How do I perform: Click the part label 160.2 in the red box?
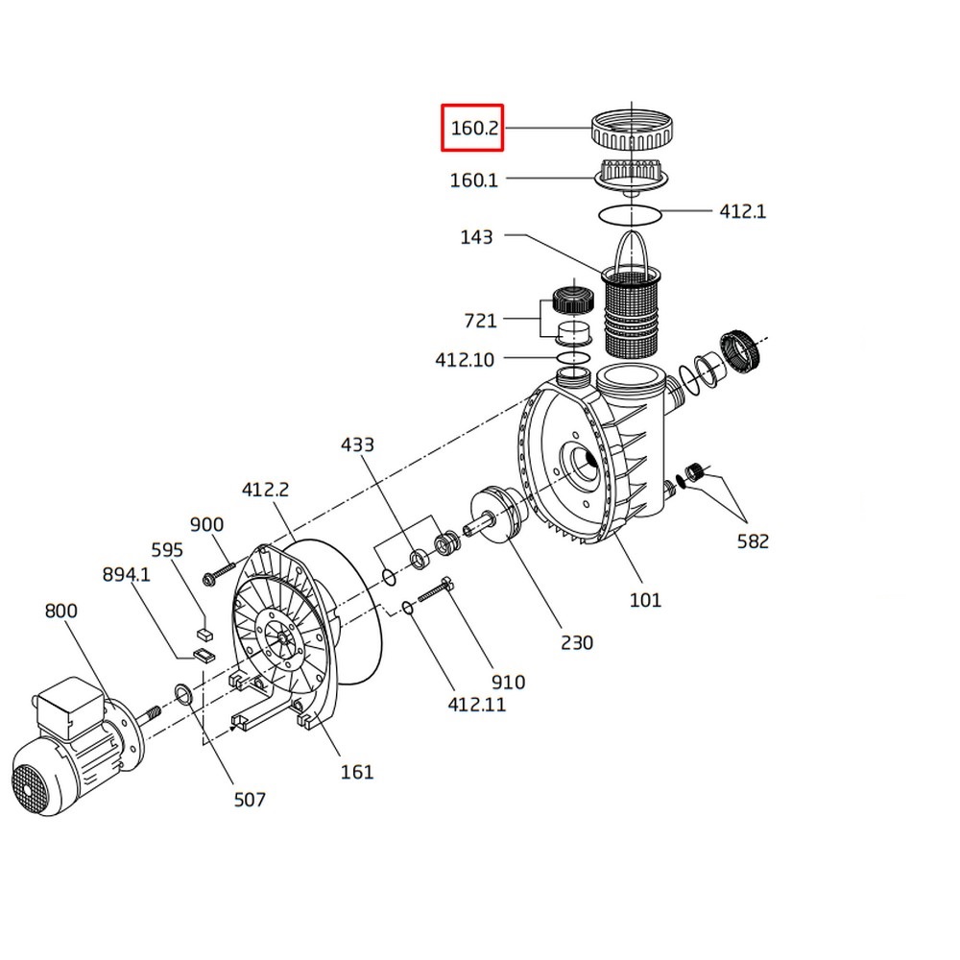[474, 128]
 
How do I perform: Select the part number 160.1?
[474, 180]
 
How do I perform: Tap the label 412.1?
[742, 211]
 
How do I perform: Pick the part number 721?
[481, 321]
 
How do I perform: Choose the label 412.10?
[465, 359]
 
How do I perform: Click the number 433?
[357, 444]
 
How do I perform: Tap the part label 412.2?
[265, 490]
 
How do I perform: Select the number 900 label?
[207, 525]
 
